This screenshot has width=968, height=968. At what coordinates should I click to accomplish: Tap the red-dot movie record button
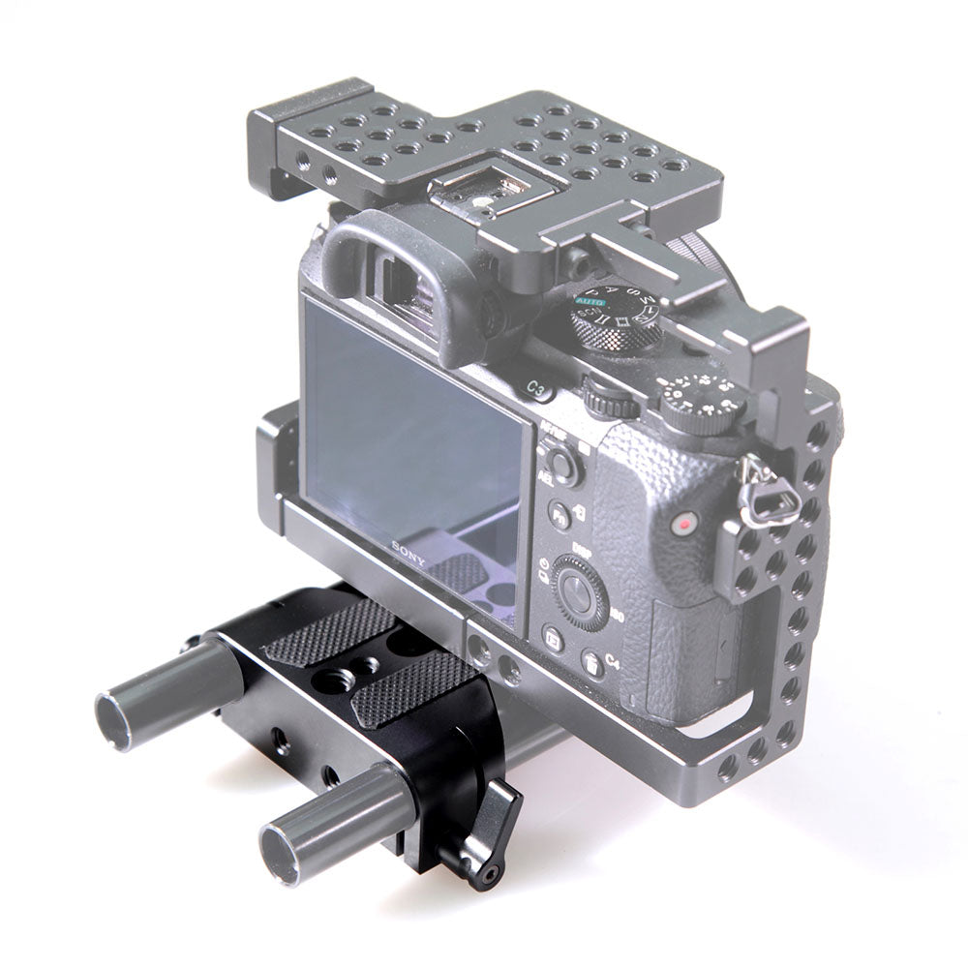(x=685, y=524)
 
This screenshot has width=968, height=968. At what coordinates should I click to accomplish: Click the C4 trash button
(x=592, y=663)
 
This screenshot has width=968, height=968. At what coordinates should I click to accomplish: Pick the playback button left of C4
(x=554, y=639)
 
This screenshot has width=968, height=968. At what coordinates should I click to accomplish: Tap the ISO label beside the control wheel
(x=617, y=617)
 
